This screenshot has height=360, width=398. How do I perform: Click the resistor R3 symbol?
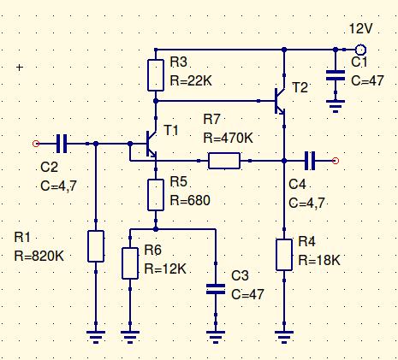(x=156, y=75)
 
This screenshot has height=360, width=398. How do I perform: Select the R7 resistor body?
(x=224, y=161)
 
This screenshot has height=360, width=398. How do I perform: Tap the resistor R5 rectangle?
(x=156, y=195)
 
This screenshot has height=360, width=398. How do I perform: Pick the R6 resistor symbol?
(x=130, y=263)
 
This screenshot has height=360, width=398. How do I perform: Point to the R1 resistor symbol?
(x=96, y=246)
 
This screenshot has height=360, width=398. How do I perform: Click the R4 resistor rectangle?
(x=284, y=255)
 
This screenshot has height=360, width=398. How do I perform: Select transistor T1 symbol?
(x=151, y=144)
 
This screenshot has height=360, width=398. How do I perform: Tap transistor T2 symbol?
(x=280, y=101)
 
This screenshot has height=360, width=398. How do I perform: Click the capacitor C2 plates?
(x=62, y=144)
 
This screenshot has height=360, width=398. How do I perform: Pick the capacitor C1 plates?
(x=336, y=75)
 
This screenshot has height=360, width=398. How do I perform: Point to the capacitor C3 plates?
(x=216, y=289)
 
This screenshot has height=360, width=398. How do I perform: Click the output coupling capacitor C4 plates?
(x=310, y=161)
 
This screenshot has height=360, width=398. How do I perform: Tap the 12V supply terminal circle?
(x=360, y=50)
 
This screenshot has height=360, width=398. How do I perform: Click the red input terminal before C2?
(x=36, y=144)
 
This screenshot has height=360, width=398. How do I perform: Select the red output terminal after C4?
(x=336, y=161)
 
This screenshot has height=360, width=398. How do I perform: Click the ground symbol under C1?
(x=336, y=106)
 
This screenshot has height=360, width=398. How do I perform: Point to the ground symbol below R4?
(x=284, y=337)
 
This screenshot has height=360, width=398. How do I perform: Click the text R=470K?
(x=229, y=138)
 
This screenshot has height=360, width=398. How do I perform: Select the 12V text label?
(x=361, y=28)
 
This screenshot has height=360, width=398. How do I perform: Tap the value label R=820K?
(x=39, y=256)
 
